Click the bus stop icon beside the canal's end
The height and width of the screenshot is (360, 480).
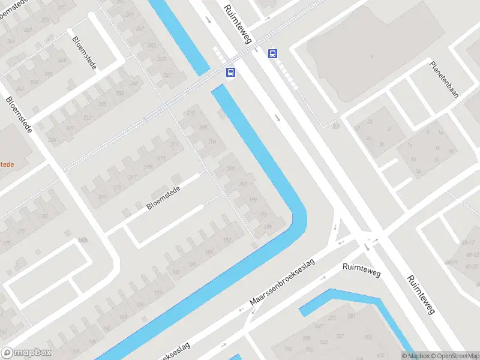[x=230, y=73]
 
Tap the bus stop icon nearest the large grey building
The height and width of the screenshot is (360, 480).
[x=273, y=53]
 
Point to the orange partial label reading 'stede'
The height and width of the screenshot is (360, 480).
[x=7, y=163]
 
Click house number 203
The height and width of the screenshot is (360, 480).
[x=231, y=169]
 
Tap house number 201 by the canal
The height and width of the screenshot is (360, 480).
[x=243, y=184]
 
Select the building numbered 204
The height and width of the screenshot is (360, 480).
[x=212, y=142]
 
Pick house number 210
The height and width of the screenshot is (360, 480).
[x=191, y=113]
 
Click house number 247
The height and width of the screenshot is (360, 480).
[x=167, y=75]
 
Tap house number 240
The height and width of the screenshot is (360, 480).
[x=135, y=83]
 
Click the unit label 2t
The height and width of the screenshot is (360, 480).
[x=382, y=145]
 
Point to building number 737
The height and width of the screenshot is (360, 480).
[x=340, y=336]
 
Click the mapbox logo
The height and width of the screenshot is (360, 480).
[x=26, y=353]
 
